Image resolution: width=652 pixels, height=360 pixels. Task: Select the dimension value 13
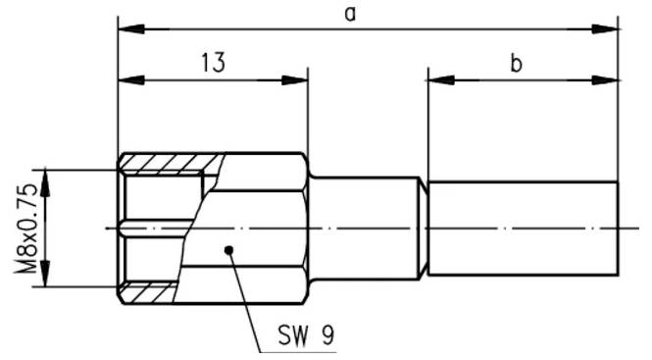tap(213, 64)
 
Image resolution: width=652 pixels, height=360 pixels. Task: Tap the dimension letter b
tap(516, 65)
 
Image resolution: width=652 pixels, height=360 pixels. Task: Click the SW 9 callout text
tap(305, 335)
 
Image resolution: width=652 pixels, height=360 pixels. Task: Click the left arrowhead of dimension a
tap(126, 28)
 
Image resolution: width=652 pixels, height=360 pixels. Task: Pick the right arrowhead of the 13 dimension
tap(299, 79)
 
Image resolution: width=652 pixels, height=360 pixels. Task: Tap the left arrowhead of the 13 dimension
tap(126, 79)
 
